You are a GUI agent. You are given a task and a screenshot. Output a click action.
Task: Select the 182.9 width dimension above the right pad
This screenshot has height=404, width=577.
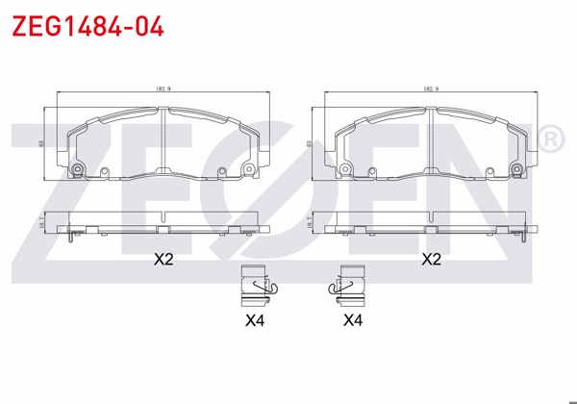coord(431,89)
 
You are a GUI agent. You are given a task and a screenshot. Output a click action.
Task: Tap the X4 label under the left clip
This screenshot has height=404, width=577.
coord(255,318)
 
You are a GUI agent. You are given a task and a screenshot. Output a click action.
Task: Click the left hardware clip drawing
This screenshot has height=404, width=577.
coord(257,282)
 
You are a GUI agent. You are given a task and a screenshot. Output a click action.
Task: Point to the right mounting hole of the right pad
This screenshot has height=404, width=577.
coord(515,170)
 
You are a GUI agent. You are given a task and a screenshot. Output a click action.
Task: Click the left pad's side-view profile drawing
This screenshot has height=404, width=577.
coord(163,223)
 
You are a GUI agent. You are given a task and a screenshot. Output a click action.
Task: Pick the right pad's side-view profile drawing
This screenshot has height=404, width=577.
coord(432,223)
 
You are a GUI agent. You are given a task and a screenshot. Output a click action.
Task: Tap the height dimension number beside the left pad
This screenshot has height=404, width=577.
coord(42,143)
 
